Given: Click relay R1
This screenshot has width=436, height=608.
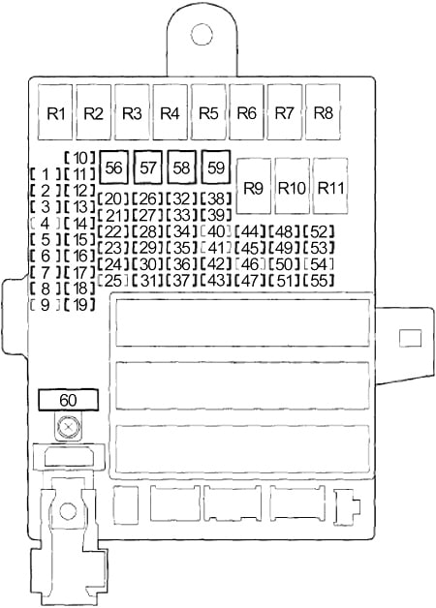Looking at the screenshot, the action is pos(55,112).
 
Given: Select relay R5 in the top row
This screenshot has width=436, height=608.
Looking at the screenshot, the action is pos(208,112).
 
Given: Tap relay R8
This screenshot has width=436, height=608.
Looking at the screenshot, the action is pos(323,112).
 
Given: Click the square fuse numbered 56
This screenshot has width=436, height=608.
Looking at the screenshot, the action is pos(113,167).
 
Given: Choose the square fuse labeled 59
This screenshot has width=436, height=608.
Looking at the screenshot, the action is pos(216,167).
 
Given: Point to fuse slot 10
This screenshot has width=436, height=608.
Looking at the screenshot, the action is pos(80,158).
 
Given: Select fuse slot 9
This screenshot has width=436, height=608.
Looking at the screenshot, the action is pos(46,305).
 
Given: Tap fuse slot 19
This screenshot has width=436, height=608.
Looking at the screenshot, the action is pos(80,305).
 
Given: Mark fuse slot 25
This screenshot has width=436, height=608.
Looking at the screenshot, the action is pos(113,281).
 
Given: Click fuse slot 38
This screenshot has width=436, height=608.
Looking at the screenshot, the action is pos(216,198).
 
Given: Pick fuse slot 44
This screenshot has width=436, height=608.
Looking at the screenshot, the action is pos(250,232).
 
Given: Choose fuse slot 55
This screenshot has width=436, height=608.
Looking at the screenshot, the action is pos(319,281).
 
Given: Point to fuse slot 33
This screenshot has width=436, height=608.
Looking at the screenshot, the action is pos(182,215).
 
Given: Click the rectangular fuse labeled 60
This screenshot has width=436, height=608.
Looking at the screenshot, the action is pos(68,400).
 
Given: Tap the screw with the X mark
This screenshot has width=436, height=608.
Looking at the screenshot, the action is pos(68,427).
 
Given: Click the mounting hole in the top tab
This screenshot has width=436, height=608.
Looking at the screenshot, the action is pos(202,34).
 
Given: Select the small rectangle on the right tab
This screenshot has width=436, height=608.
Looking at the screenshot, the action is pos(411,338).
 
